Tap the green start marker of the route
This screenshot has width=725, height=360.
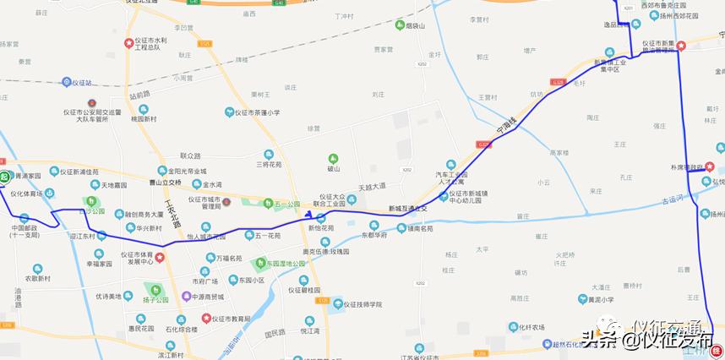click(x=4, y=177)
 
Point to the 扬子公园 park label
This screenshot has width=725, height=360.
click(x=156, y=299)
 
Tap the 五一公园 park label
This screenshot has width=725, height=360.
click(x=287, y=205)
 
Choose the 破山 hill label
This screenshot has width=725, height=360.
click(x=333, y=168)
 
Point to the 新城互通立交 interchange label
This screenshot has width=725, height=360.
click(x=408, y=208)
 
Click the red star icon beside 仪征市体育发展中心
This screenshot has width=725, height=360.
click(x=160, y=256)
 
